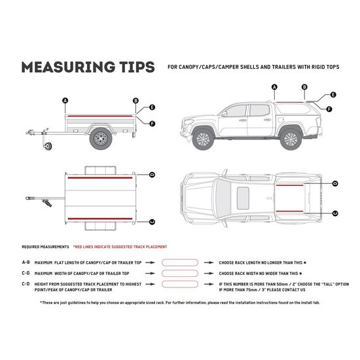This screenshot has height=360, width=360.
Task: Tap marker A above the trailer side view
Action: pos(65,100)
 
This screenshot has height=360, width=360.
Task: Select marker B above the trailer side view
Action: pos(135,100)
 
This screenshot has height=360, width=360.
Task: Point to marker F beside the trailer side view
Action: pos(152,123)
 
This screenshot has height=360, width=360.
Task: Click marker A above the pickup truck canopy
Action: pos(274,86)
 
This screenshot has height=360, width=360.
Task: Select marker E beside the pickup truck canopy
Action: pos(333,95)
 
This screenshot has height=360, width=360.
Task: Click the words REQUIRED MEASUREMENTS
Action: pos(45,247)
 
